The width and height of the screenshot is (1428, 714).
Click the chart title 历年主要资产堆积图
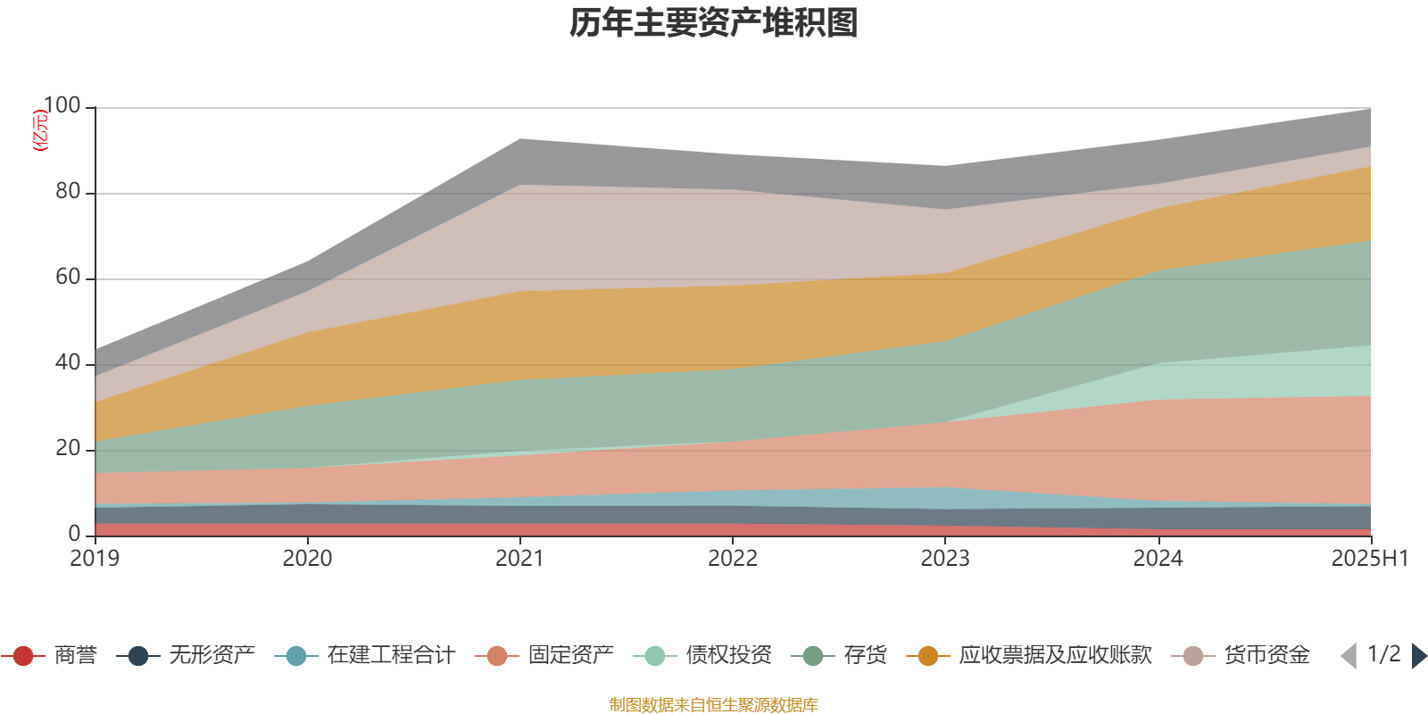pyautogui.click(x=714, y=23)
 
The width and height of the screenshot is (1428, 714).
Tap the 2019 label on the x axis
pyautogui.click(x=95, y=559)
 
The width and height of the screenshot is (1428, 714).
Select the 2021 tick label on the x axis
pyautogui.click(x=519, y=559)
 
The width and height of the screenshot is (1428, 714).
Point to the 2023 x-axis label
pyautogui.click(x=945, y=559)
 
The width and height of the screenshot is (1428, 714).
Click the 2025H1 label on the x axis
pyautogui.click(x=1369, y=559)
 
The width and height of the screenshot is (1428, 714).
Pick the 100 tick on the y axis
pyautogui.click(x=62, y=106)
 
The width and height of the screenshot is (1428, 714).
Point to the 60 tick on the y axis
pyautogui.click(x=68, y=278)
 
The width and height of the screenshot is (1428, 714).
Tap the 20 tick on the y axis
pyautogui.click(x=68, y=449)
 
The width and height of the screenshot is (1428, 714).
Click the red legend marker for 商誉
pyautogui.click(x=23, y=656)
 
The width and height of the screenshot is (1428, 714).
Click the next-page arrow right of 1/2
pyautogui.click(x=1418, y=656)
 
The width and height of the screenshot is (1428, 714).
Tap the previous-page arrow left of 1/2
pyautogui.click(x=1349, y=656)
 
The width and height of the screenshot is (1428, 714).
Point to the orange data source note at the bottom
pyautogui.click(x=713, y=705)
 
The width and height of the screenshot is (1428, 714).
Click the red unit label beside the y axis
pyautogui.click(x=39, y=130)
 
